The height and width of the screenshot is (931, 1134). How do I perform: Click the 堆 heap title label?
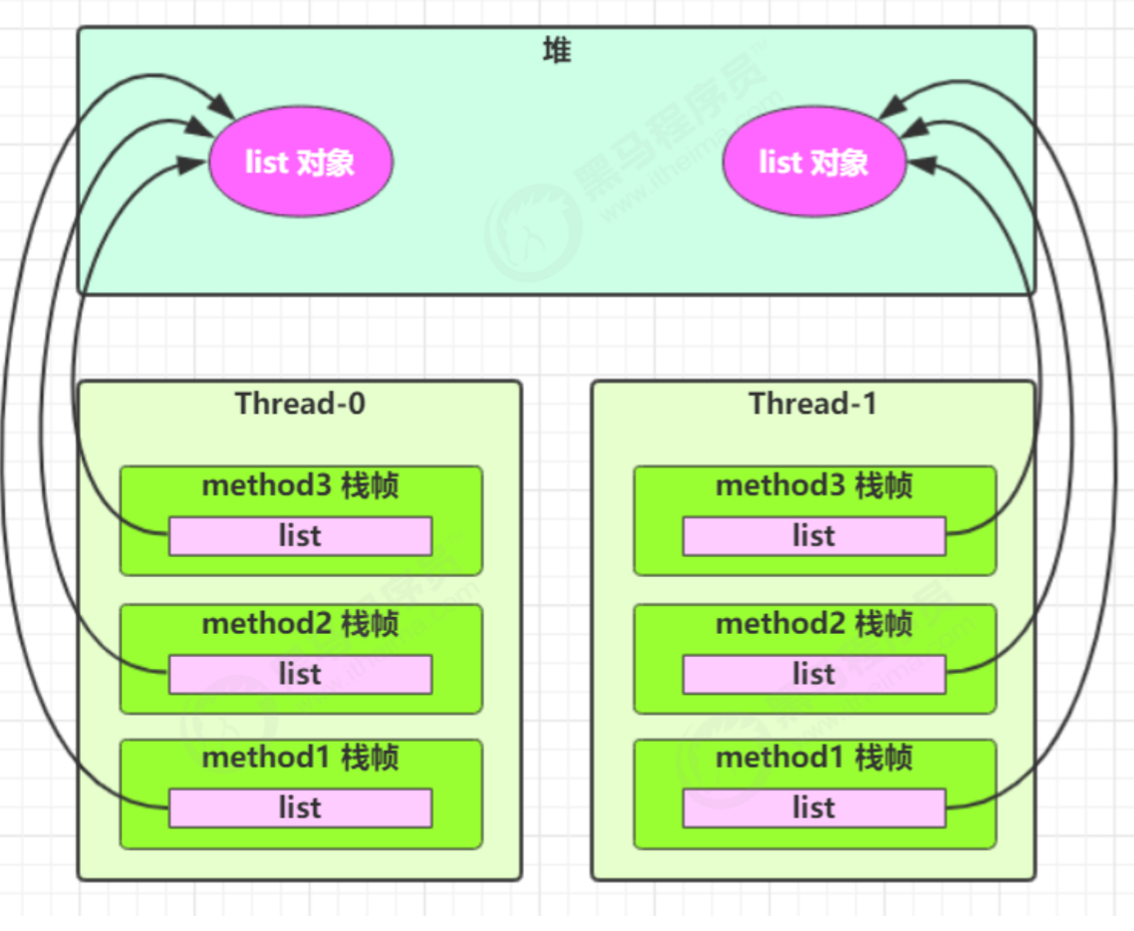(556, 51)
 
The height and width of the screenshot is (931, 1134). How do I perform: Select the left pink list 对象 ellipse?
(300, 162)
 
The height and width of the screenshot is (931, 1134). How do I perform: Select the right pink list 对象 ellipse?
(814, 162)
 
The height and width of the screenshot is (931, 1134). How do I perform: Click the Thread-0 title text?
(300, 404)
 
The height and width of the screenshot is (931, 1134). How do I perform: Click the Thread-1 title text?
(813, 404)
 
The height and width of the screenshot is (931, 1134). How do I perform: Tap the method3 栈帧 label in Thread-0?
(300, 486)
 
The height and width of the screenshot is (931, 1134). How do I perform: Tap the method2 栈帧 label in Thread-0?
(300, 624)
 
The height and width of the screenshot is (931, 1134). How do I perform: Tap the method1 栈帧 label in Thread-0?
(300, 758)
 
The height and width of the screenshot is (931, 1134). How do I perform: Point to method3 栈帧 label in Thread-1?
(813, 486)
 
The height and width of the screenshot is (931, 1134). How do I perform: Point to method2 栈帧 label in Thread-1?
(813, 624)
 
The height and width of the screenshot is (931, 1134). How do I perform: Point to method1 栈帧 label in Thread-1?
(813, 758)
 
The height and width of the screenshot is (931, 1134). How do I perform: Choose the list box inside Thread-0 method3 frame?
(300, 536)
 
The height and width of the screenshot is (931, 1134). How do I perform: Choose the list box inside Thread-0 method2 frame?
(300, 675)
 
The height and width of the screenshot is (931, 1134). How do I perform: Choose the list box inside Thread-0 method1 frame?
(300, 808)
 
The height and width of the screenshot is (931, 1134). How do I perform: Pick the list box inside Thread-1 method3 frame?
(813, 536)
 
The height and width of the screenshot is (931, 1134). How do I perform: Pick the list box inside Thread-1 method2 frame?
(813, 675)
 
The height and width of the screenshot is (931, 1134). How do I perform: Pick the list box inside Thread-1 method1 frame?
(813, 808)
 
